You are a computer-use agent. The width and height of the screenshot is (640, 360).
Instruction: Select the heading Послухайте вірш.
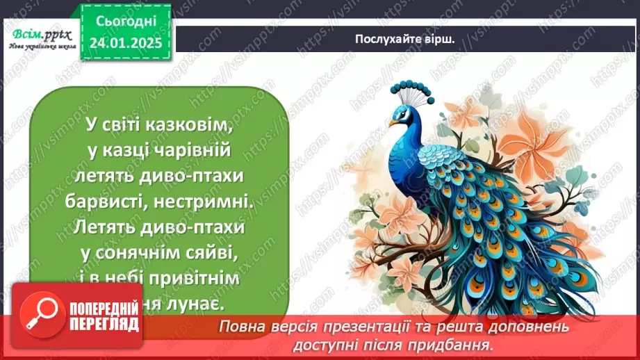(x=404, y=39)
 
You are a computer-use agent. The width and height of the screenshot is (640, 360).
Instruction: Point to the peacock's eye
(x=402, y=112)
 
